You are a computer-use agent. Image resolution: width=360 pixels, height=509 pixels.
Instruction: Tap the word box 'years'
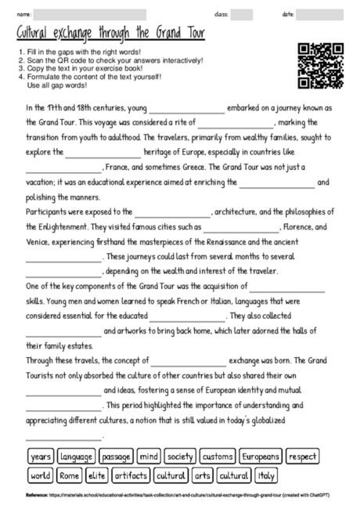pos(40,456)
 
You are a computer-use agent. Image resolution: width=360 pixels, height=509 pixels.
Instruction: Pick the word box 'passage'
pos(116,456)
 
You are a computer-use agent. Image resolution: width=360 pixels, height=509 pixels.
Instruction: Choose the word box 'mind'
pos(149,456)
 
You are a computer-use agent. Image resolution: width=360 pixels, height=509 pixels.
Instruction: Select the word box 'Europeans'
pos(260,456)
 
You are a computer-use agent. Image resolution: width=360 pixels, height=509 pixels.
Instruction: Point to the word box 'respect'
pos(302,456)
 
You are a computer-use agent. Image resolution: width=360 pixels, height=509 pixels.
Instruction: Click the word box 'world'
pos(40,475)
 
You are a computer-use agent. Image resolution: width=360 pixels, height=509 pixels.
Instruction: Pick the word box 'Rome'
pos(70,475)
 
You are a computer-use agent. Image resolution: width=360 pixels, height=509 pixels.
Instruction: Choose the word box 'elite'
pos(97,475)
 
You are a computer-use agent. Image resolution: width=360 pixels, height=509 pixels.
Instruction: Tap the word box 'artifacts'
pos(131,475)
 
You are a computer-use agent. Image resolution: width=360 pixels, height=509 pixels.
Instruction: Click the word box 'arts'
pos(203,475)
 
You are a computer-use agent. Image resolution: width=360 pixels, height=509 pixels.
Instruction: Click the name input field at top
pos(90,14)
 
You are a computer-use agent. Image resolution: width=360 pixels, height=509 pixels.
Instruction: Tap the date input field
pos(315,14)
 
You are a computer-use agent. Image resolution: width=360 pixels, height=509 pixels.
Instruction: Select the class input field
pos(242,14)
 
